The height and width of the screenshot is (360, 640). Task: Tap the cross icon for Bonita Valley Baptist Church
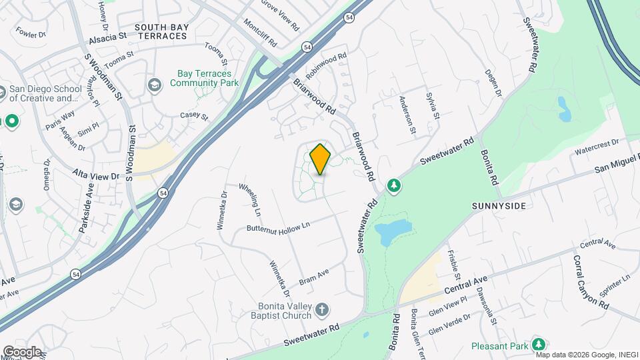click(321, 309)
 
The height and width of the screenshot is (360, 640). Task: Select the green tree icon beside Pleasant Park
click(538, 345)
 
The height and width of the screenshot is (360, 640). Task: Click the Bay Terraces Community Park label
click(204, 79)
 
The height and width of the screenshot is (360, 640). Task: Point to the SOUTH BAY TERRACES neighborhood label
click(161, 31)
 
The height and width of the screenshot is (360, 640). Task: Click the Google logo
click(21, 352)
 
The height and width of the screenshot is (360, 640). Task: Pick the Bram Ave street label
click(313, 276)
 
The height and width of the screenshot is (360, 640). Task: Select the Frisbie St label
click(455, 264)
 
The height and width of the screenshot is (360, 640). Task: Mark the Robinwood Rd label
click(327, 65)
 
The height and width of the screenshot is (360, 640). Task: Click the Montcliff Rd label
click(260, 31)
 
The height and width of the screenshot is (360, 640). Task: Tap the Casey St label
click(194, 115)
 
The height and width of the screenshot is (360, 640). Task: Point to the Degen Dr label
click(493, 83)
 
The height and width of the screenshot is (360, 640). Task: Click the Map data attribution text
click(586, 355)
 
